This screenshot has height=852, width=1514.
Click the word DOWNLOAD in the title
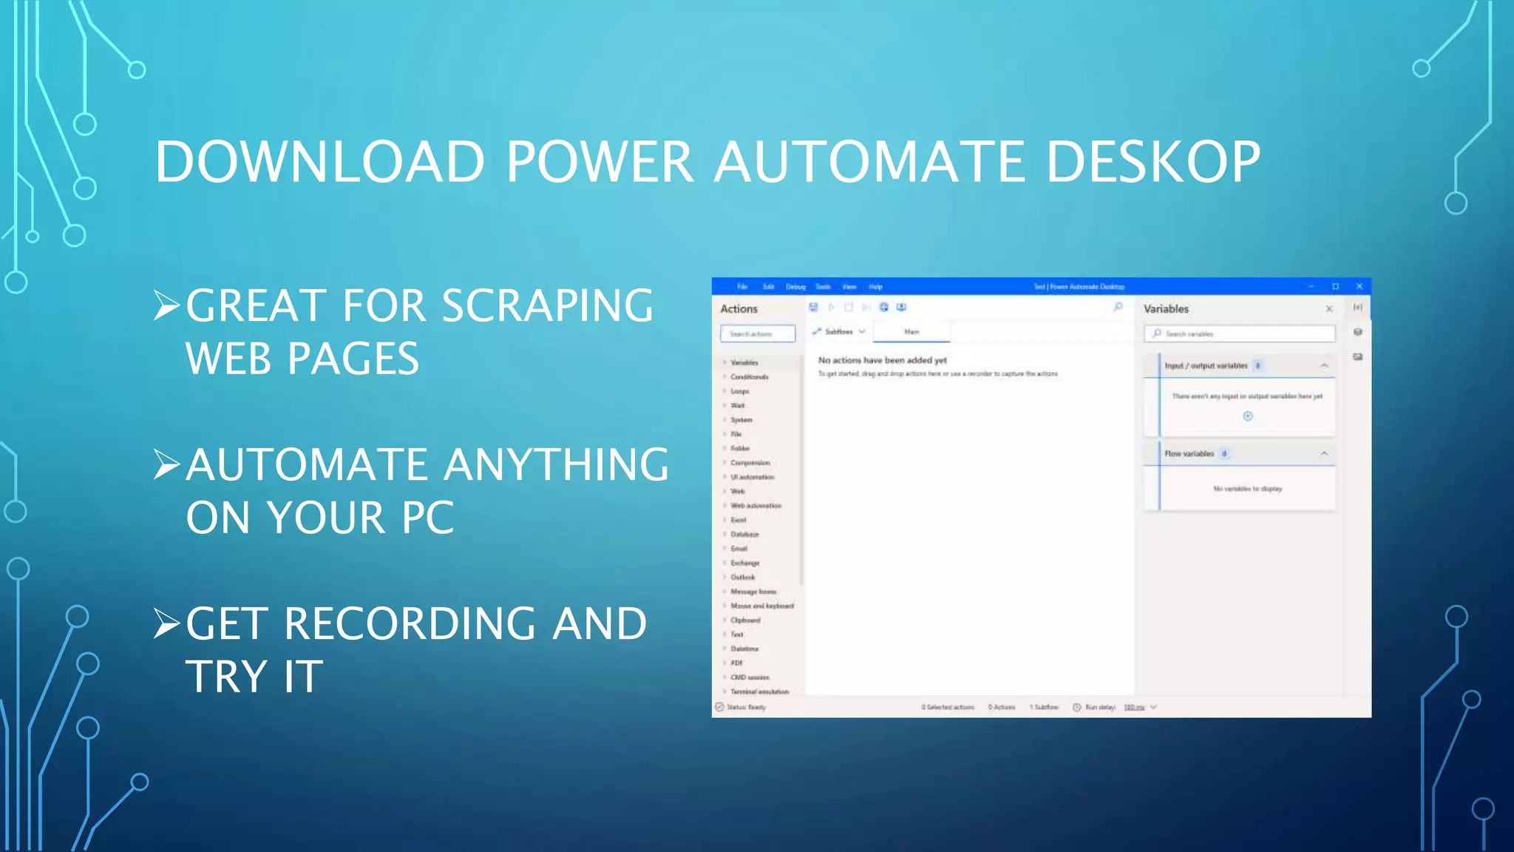pos(319,161)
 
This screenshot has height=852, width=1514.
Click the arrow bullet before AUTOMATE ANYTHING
pos(166,464)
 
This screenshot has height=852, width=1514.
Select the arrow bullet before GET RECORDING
pos(166,623)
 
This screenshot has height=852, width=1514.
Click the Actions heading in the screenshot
pos(739,309)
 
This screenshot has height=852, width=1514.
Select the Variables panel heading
pos(1166,309)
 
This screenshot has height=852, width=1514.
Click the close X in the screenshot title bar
pos(1359,286)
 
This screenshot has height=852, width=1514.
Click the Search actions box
pos(758,334)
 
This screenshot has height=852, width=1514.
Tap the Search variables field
pos(1240,334)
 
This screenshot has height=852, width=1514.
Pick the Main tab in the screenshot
pos(912,332)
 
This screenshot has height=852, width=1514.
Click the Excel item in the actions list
pos(739,520)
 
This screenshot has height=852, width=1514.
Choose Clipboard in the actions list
pos(745,621)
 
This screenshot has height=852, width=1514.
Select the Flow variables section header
pos(1189,453)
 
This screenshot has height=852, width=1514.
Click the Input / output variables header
pos(1206,365)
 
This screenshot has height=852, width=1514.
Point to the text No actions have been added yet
pos(882,360)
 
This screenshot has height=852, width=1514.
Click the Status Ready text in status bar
pos(746,707)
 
